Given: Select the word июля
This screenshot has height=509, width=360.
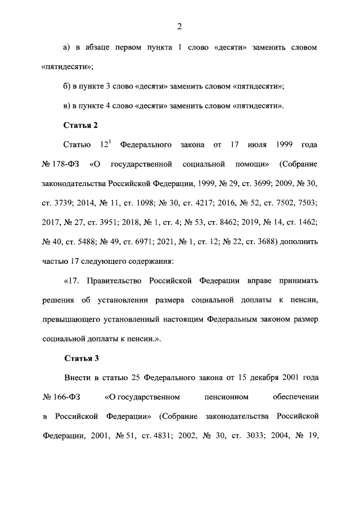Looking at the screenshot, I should point(258,145).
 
